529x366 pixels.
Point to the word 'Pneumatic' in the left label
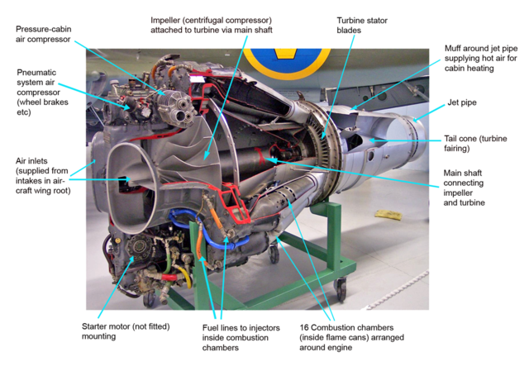tap(39, 73)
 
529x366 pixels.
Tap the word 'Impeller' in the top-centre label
tap(169, 19)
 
